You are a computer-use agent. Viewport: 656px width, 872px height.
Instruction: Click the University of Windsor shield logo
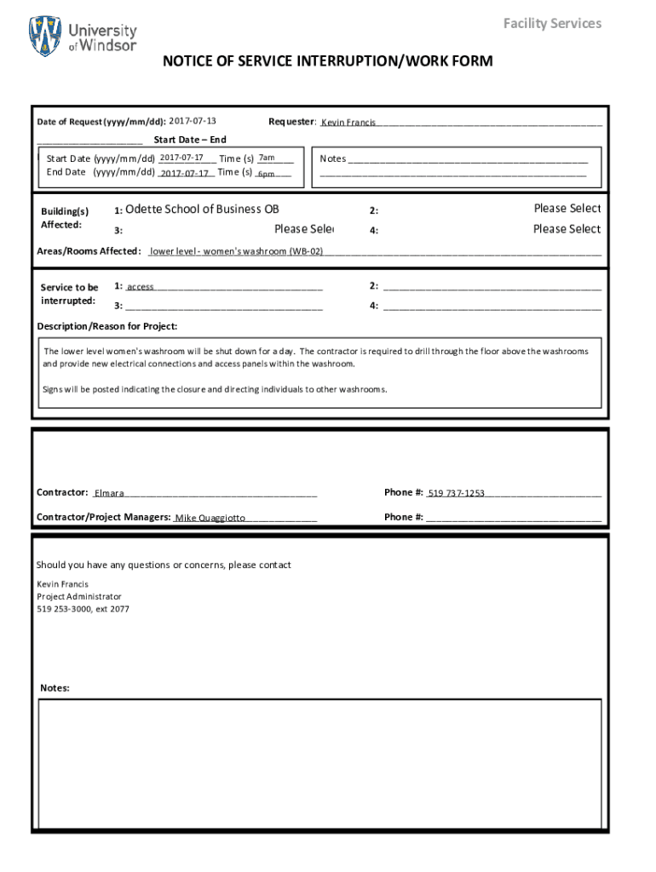pos(45,36)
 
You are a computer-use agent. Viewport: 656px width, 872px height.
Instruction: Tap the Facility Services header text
pos(552,23)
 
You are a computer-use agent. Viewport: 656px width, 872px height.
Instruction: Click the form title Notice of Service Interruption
pos(328,61)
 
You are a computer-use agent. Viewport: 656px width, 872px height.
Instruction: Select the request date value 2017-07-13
pos(193,121)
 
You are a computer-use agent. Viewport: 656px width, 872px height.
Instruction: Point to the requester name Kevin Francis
pos(348,123)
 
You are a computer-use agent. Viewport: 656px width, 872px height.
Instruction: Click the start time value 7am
pos(267,158)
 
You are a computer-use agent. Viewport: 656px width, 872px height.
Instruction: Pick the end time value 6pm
pos(266,173)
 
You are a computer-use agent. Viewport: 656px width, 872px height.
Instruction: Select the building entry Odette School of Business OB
pos(202,209)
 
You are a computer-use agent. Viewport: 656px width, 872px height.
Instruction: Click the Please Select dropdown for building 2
pos(567,209)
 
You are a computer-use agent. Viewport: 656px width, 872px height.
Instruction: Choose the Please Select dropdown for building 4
pos(567,229)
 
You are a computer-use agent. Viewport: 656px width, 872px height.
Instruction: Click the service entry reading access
pos(141,287)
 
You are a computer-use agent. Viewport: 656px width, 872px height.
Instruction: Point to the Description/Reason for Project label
pos(107,326)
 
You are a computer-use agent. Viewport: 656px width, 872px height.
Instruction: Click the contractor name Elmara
pos(109,493)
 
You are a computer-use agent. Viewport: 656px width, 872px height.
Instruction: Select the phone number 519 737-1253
pos(456,493)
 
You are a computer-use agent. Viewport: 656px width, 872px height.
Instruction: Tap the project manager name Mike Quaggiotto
pos(210,518)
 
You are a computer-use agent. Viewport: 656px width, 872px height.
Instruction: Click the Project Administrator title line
pos(79,597)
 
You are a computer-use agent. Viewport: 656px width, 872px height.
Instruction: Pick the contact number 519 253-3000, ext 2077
pos(83,610)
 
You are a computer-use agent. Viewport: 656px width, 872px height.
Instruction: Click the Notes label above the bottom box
pos(55,688)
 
